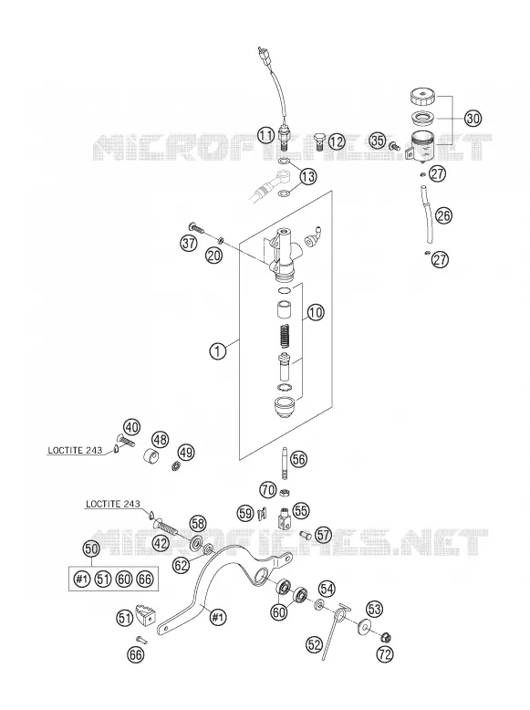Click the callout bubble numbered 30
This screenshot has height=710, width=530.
pyautogui.click(x=473, y=119)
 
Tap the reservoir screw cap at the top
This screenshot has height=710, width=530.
pyautogui.click(x=422, y=97)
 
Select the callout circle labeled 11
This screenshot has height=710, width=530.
pyautogui.click(x=266, y=134)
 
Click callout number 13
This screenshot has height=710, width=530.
pyautogui.click(x=308, y=176)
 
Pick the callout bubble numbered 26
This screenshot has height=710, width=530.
pyautogui.click(x=444, y=215)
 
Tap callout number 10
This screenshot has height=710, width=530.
pyautogui.click(x=316, y=312)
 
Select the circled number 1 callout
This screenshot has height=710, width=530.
pyautogui.click(x=218, y=351)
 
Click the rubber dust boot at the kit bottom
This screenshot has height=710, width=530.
pyautogui.click(x=284, y=406)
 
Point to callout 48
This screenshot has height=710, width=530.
pyautogui.click(x=161, y=439)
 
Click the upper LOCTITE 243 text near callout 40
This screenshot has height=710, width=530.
pyautogui.click(x=71, y=450)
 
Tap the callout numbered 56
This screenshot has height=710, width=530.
pyautogui.click(x=298, y=460)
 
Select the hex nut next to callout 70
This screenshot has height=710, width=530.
pyautogui.click(x=286, y=492)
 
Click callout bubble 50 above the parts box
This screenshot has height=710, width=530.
pyautogui.click(x=91, y=548)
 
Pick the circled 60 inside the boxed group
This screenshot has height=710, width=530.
pyautogui.click(x=124, y=579)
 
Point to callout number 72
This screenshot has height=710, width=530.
pyautogui.click(x=385, y=654)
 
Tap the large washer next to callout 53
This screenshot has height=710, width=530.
pyautogui.click(x=364, y=627)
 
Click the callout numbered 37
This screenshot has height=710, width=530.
pyautogui.click(x=189, y=244)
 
